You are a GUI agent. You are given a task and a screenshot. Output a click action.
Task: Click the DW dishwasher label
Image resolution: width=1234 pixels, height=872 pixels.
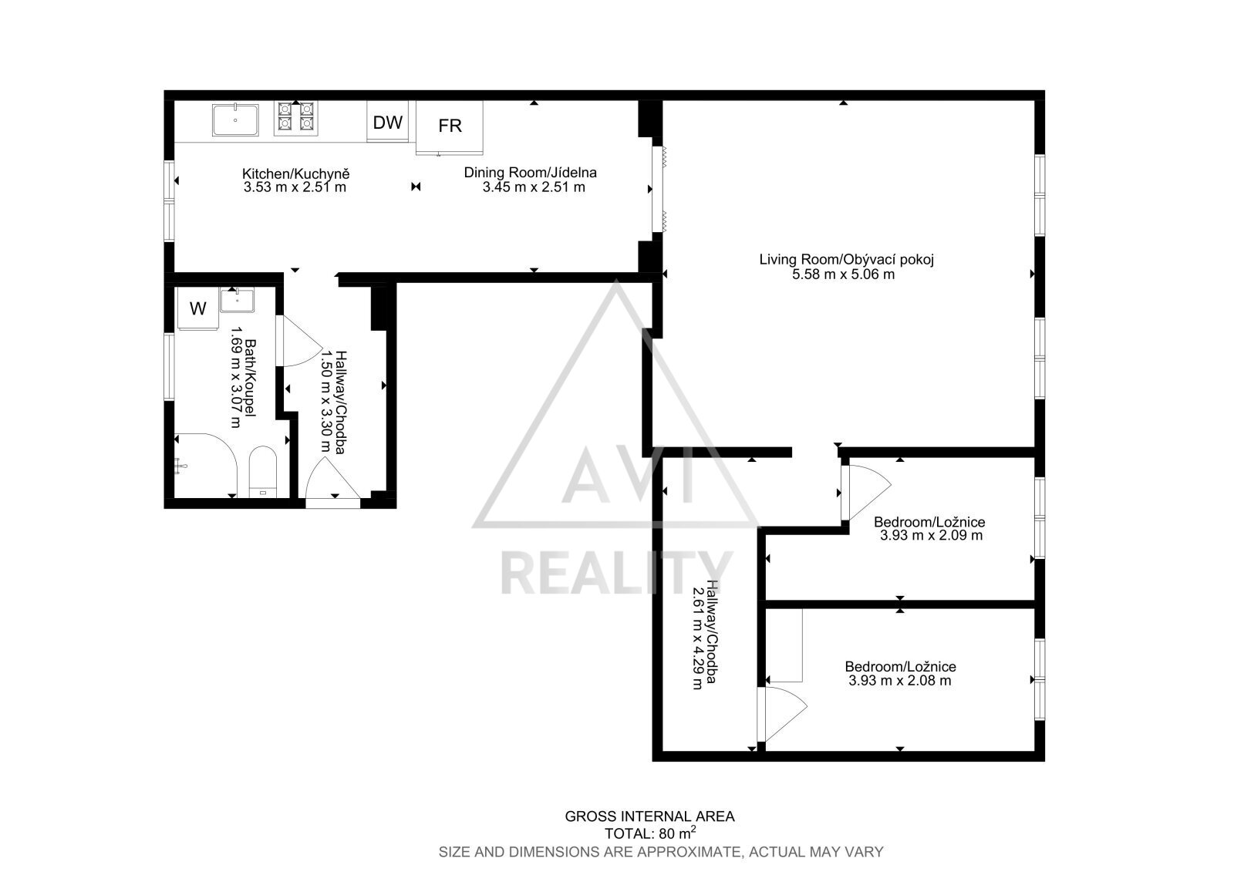[x=388, y=123]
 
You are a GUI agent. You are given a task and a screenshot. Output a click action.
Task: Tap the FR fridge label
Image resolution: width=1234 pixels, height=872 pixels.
[x=450, y=126]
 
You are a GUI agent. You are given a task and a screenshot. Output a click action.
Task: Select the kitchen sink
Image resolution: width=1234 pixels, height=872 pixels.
[x=235, y=120]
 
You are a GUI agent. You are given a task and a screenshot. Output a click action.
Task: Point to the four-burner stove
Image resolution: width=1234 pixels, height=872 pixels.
[x=296, y=118]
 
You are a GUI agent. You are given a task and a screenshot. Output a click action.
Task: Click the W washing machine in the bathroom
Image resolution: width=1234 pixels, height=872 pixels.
[x=197, y=308]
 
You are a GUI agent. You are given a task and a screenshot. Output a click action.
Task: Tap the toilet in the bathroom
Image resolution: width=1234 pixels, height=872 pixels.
[x=263, y=472]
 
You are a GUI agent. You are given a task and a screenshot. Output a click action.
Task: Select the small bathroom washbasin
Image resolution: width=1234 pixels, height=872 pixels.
[x=238, y=300]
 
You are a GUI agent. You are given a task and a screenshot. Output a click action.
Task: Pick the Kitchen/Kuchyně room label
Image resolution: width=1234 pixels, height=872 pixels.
[x=296, y=173]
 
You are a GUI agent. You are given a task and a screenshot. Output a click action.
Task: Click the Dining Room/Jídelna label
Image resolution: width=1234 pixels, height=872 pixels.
[x=530, y=173]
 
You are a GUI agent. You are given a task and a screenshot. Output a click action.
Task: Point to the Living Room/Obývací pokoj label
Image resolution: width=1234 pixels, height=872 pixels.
[x=846, y=260]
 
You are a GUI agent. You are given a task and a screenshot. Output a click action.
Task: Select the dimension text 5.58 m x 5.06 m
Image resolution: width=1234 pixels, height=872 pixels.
[x=844, y=274]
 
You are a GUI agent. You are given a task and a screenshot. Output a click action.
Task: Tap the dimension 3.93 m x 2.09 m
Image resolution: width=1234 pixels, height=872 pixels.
[x=931, y=535]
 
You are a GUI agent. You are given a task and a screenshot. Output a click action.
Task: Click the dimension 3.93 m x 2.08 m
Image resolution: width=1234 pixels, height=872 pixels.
[x=899, y=680]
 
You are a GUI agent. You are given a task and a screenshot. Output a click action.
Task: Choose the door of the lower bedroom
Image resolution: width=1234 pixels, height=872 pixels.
[x=782, y=714]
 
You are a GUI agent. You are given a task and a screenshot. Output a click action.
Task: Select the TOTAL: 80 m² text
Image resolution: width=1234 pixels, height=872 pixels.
[x=650, y=833]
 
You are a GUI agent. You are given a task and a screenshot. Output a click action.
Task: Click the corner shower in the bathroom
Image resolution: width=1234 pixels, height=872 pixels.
[x=205, y=466]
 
